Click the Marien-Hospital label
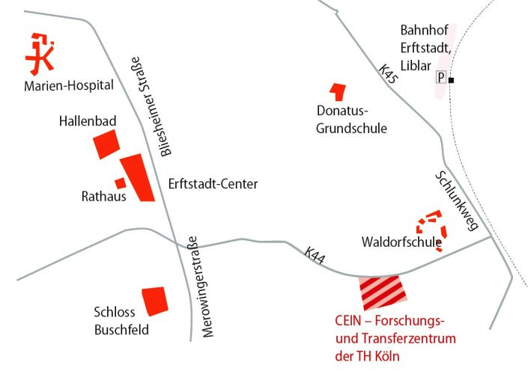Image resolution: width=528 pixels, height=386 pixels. click(x=69, y=85)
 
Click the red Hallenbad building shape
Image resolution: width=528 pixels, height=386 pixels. click(x=106, y=144)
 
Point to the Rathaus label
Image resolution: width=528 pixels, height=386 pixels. click(x=103, y=197)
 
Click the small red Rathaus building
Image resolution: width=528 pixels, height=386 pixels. click(x=120, y=183)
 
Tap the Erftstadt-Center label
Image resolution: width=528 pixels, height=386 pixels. click(x=213, y=184)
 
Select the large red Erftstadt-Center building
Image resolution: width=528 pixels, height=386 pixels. click(x=138, y=177)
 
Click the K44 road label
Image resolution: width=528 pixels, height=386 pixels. click(x=315, y=254)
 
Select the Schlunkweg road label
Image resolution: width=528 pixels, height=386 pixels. click(x=455, y=200)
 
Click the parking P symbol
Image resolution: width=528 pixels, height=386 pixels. click(x=441, y=77)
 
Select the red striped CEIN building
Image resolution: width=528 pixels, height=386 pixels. click(x=382, y=292)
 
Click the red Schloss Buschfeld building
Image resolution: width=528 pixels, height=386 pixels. click(x=155, y=301)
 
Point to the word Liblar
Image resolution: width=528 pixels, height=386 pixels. click(x=416, y=66)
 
